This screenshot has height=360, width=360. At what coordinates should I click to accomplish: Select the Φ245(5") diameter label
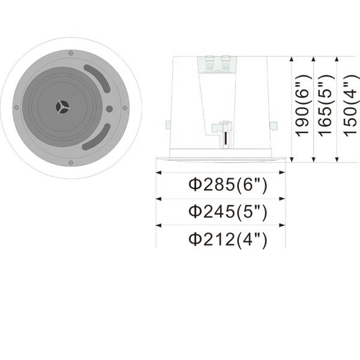coord(227,212)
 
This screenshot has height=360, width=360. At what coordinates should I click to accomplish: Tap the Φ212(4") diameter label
coord(227,239)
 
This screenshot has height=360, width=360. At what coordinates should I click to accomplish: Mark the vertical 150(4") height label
coord(349,109)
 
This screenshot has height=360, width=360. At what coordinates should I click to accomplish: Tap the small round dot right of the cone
coord(109,109)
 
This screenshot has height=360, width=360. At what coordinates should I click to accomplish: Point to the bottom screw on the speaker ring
coord(71,163)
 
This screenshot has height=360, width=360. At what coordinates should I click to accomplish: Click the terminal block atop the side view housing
coord(218,64)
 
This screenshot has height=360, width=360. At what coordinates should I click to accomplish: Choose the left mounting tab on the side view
coord(167,126)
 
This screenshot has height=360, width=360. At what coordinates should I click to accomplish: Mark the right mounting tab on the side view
coord(273,126)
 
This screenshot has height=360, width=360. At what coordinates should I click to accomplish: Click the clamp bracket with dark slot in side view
coord(224,133)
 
